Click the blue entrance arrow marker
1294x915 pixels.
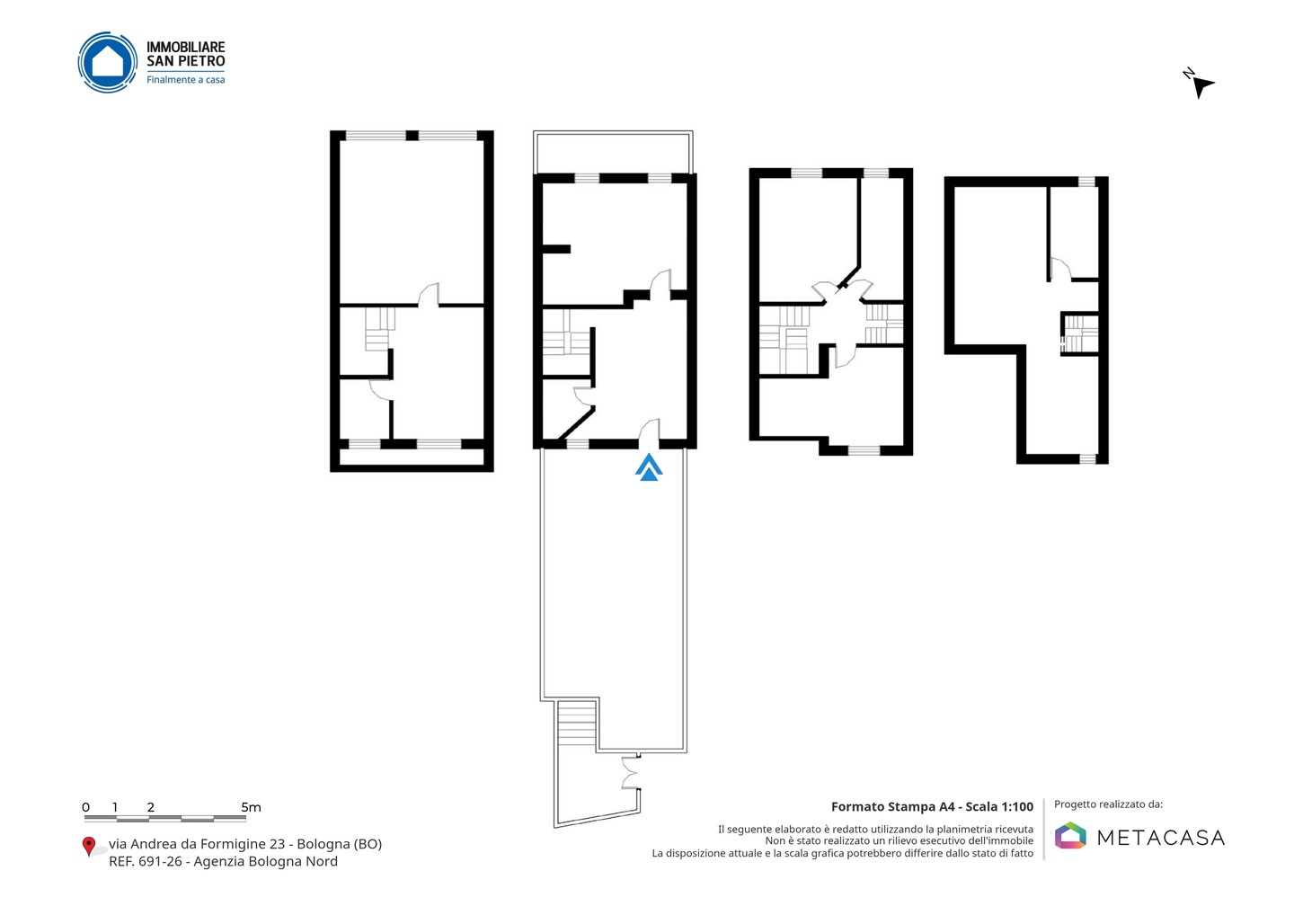coord(649,467)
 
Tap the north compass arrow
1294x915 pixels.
coord(1202,87)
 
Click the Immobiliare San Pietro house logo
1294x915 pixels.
coord(108,62)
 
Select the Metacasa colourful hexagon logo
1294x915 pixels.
coord(1070,835)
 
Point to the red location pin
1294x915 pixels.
coord(88,847)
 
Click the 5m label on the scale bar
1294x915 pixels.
coord(251,807)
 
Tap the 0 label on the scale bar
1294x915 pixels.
coord(86,807)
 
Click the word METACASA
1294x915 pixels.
coord(1161,838)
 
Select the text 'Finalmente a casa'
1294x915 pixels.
coord(185,80)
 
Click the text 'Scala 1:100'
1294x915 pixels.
coord(999,807)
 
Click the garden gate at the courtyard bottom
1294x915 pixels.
coord(630,772)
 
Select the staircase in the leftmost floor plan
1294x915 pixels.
coord(379,329)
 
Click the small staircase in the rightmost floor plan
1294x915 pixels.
coord(1080,333)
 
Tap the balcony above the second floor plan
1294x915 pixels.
coord(613,152)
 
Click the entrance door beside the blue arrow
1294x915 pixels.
coord(650,433)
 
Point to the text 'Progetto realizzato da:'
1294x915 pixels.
coord(1108,804)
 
